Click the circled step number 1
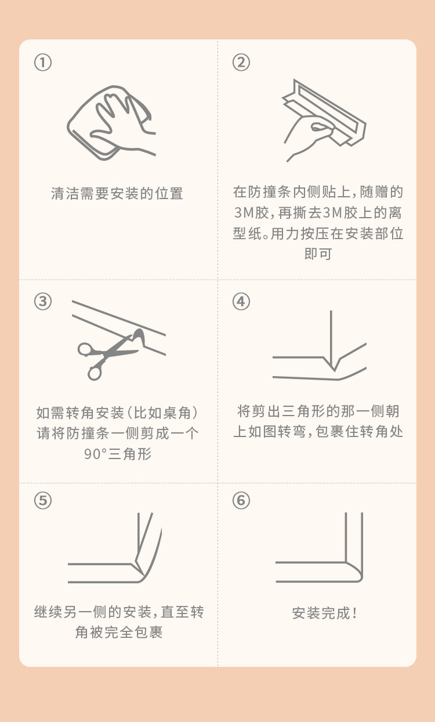(43, 63)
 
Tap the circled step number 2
(241, 63)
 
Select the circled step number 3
(43, 302)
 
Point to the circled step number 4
(241, 302)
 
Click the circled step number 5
(43, 501)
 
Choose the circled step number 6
(241, 501)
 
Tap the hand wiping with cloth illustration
(111, 122)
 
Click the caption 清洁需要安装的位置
(117, 193)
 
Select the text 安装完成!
(325, 613)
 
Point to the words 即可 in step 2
(318, 254)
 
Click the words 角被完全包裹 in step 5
(119, 632)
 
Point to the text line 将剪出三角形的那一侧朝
(318, 411)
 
